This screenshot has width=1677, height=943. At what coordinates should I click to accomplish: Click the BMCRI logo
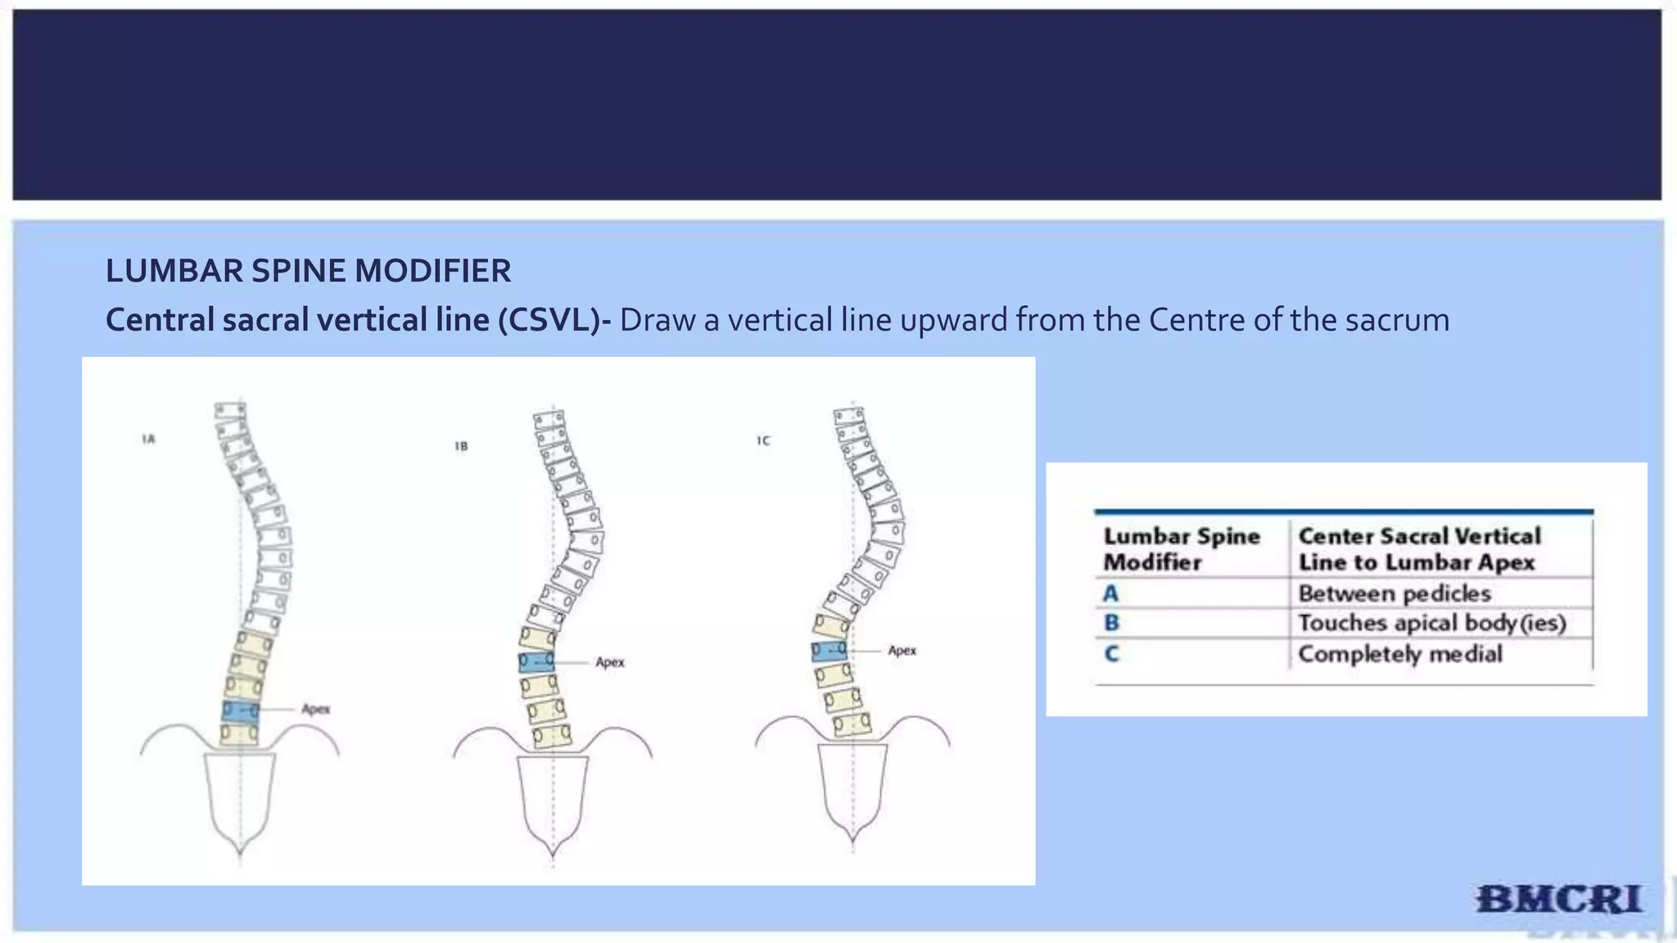1559,900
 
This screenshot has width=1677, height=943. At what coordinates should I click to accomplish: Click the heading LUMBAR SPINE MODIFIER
308,271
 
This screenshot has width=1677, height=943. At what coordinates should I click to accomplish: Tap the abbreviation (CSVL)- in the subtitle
554,320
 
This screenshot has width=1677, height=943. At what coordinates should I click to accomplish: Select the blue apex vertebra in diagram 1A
240,711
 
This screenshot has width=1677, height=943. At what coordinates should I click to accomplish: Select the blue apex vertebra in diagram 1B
536,661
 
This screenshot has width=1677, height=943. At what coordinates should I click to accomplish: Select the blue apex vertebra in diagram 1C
829,652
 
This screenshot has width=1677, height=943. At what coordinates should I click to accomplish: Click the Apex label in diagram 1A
315,709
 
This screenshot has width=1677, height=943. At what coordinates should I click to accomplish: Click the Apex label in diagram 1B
610,661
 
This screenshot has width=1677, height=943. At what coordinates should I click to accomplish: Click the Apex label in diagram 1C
902,651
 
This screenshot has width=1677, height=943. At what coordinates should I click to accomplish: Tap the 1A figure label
148,440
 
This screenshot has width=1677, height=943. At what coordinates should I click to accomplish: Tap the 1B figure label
461,446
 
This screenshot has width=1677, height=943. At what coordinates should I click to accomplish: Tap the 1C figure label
763,440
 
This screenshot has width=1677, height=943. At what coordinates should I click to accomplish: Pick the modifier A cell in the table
1111,593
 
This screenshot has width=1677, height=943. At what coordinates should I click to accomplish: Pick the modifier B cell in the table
1111,623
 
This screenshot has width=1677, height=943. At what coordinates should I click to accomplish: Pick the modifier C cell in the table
1111,654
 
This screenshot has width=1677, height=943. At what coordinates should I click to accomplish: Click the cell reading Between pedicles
1394,593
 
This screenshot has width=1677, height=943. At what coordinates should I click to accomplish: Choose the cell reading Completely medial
1400,654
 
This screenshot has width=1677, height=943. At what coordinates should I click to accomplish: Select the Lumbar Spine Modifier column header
1181,549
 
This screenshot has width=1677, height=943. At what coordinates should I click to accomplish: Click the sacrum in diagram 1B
553,798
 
